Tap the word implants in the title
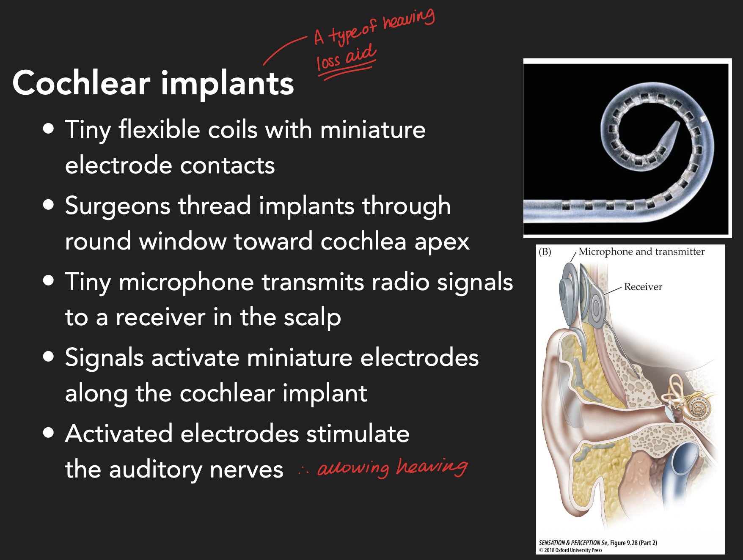227,84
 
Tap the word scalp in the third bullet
312,318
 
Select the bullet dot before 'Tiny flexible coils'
49,129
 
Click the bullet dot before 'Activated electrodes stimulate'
49,433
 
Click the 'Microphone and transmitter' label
641,252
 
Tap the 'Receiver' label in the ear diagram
643,287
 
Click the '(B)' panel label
545,252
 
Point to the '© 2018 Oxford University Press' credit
570,550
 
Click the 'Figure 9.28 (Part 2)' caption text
633,543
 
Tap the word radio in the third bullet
400,282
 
